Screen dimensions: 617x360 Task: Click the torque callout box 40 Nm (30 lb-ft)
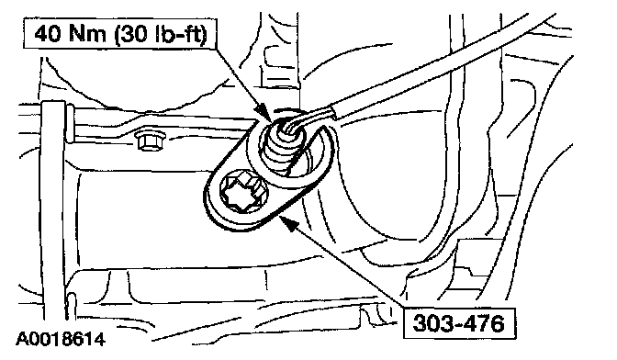(120, 34)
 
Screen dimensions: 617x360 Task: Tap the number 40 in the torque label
(47, 34)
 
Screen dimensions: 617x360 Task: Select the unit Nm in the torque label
(87, 34)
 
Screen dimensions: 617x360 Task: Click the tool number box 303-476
(459, 323)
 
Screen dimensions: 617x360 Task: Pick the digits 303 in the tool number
(431, 323)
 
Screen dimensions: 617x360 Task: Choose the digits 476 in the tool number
(485, 323)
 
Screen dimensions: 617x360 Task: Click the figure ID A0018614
(61, 340)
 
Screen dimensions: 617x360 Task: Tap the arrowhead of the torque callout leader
(264, 112)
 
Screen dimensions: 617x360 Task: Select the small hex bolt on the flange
(150, 141)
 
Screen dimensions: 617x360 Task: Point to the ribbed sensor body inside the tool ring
(280, 149)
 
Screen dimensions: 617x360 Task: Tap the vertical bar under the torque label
(53, 208)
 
